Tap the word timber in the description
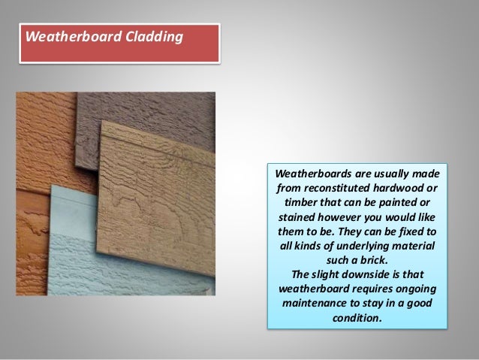(304, 201)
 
